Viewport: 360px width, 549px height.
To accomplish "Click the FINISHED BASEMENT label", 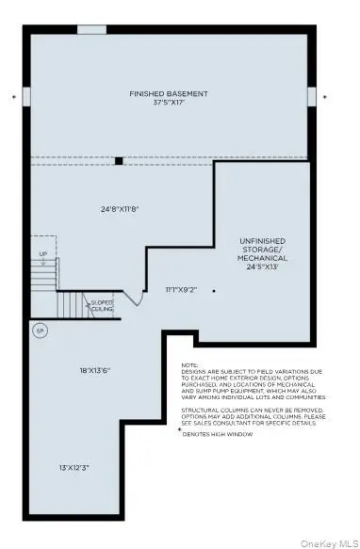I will pos(168,94).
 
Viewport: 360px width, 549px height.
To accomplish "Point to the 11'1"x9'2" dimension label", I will pos(182,291).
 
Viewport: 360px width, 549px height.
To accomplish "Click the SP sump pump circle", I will pos(40,331).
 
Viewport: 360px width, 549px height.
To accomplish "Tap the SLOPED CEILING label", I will pos(102,305).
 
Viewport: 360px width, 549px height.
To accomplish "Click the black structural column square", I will pos(119,160).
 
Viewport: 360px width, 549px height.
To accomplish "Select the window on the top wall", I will pos(91,29).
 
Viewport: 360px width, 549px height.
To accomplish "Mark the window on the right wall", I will pos(313,97).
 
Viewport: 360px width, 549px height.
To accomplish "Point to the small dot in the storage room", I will pos(214,291).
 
